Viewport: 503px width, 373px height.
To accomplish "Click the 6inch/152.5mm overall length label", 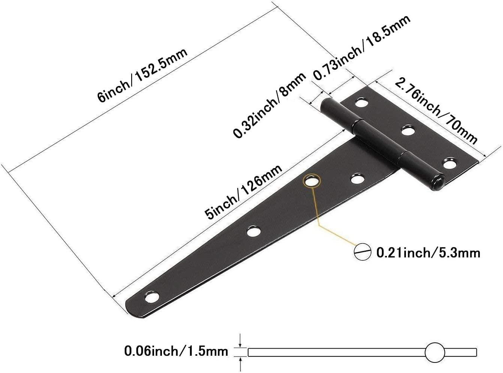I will tap(142, 75).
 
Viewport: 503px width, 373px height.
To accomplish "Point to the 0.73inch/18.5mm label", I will tap(362, 47).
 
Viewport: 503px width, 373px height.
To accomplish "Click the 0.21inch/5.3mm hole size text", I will tap(428, 253).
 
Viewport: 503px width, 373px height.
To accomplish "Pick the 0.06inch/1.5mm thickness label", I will tap(176, 351).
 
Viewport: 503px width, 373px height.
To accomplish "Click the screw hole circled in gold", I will tap(312, 181).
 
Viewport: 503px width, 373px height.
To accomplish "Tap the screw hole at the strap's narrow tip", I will tap(152, 298).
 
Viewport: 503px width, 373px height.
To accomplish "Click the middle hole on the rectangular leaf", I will tap(408, 131).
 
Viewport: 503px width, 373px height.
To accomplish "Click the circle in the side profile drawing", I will tap(435, 352).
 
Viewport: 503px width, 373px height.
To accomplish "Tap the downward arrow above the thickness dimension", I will tap(241, 340).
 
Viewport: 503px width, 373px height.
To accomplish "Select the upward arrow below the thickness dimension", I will tap(241, 364).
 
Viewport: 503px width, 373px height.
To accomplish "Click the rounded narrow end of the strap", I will tap(131, 308).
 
